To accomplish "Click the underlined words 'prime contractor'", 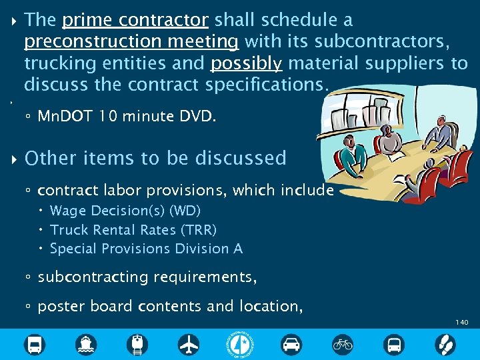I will tap(135, 21).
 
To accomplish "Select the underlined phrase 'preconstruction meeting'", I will tap(131, 42).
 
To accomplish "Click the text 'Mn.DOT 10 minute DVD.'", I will tap(127, 117).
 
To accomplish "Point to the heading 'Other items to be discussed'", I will tap(155, 159).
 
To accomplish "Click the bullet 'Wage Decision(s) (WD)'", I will tap(125, 211).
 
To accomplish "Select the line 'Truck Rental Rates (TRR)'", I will tap(133, 229).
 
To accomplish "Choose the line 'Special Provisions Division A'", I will tap(146, 249).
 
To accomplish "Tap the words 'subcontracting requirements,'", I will tap(147, 277).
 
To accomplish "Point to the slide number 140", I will tap(462, 323).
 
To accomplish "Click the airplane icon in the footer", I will tap(189, 345).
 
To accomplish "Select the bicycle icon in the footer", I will tap(343, 345).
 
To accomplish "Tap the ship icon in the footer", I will tap(86, 345).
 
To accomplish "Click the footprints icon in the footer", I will tap(445, 345).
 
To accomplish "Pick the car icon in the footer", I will tap(291, 345).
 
